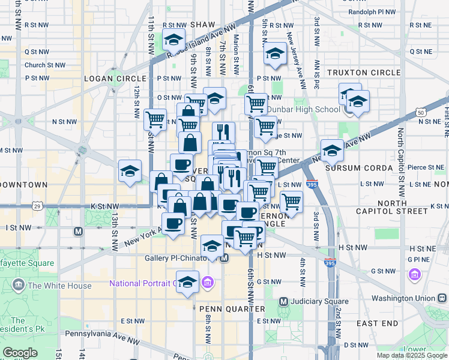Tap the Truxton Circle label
(364, 73)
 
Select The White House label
(67, 286)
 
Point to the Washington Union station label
(405, 298)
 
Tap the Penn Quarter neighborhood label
(229, 308)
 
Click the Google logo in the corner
(20, 353)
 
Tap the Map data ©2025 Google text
(412, 355)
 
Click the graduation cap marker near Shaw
(174, 40)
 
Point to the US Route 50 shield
(421, 112)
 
